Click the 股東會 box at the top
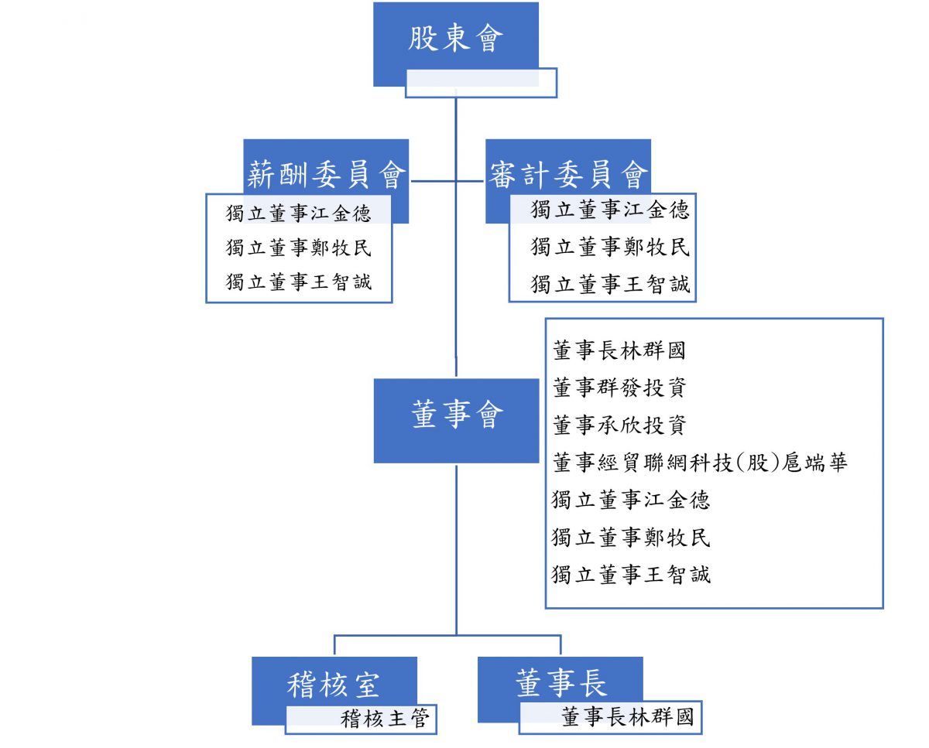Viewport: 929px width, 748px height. [455, 37]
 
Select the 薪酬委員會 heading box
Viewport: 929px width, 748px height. [326, 175]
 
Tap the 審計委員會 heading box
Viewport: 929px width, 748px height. [568, 175]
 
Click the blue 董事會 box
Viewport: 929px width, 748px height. [456, 416]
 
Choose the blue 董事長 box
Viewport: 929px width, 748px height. [560, 682]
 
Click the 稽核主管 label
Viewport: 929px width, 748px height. [385, 719]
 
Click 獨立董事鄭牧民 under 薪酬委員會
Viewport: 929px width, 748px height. [299, 248]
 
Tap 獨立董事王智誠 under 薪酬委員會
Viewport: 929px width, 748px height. [299, 282]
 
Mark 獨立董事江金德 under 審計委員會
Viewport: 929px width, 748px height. [610, 210]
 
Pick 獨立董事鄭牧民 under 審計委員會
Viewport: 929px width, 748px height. [610, 247]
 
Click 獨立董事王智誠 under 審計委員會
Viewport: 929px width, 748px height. [610, 284]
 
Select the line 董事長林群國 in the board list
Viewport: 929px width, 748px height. [619, 350]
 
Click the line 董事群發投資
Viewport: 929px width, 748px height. [619, 388]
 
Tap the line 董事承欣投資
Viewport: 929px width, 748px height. [619, 425]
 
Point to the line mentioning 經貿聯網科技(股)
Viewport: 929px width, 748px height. [700, 463]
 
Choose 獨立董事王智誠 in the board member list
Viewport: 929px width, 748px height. [631, 575]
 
